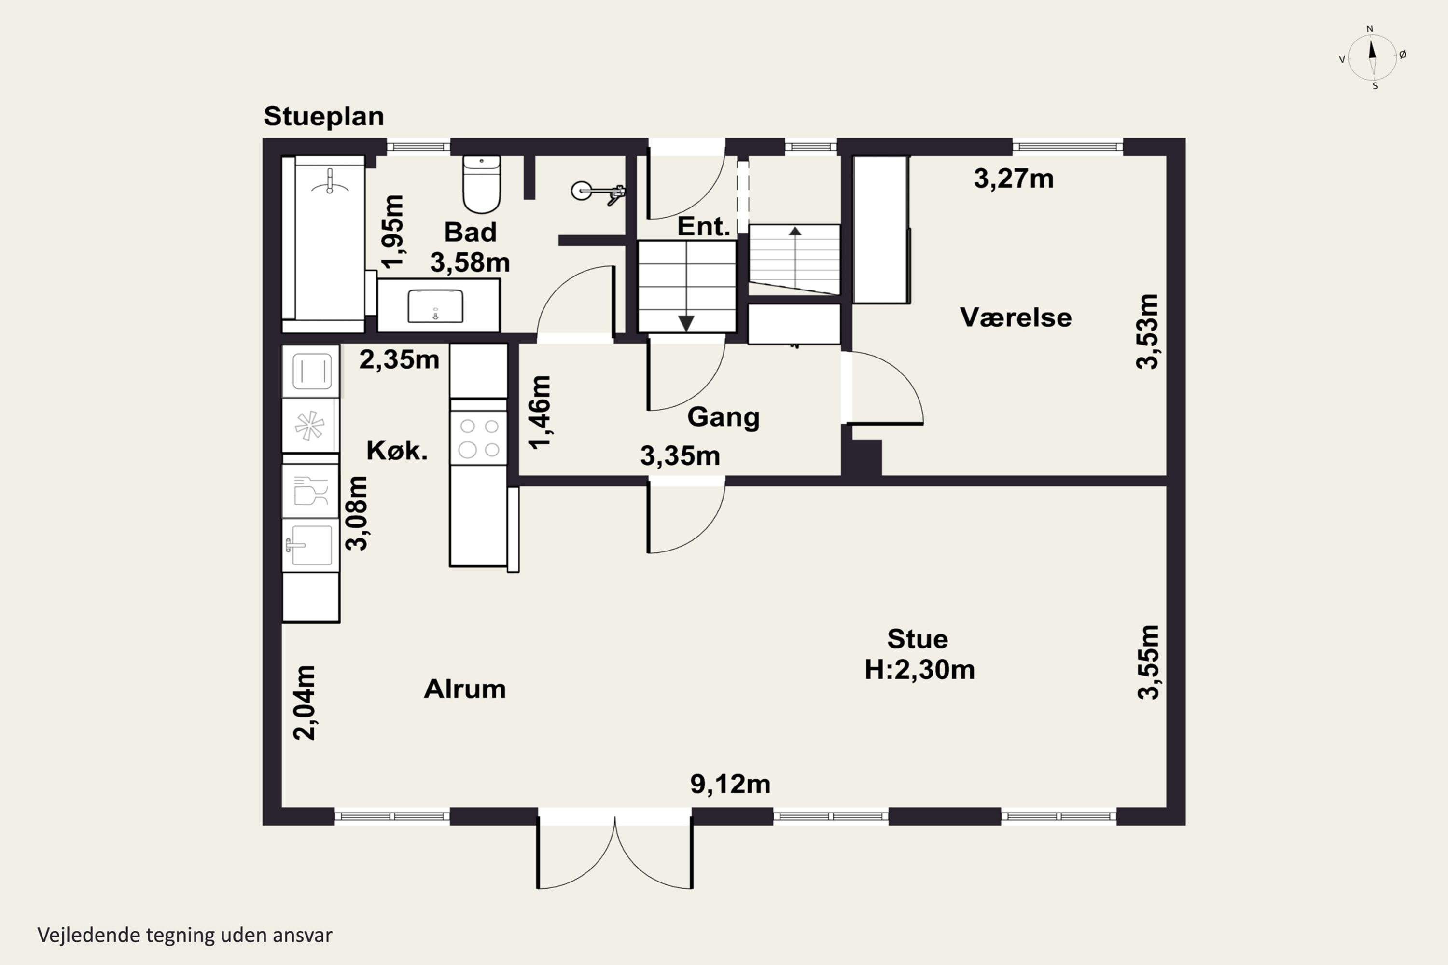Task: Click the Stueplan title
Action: [x=324, y=116]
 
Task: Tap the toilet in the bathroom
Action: [x=481, y=184]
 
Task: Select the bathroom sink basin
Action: [x=435, y=306]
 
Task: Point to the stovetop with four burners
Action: [x=478, y=438]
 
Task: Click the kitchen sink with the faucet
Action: [x=310, y=545]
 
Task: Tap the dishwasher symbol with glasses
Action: [x=310, y=491]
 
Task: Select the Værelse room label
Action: [x=1016, y=317]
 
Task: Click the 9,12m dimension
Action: [x=730, y=784]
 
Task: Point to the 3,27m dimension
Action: [x=1013, y=179]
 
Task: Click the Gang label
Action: [x=724, y=417]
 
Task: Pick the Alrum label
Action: [x=465, y=689]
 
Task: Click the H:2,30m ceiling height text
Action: [x=919, y=670]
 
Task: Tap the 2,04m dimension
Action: [x=305, y=702]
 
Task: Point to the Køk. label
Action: [x=397, y=451]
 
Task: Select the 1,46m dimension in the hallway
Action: [x=540, y=413]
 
